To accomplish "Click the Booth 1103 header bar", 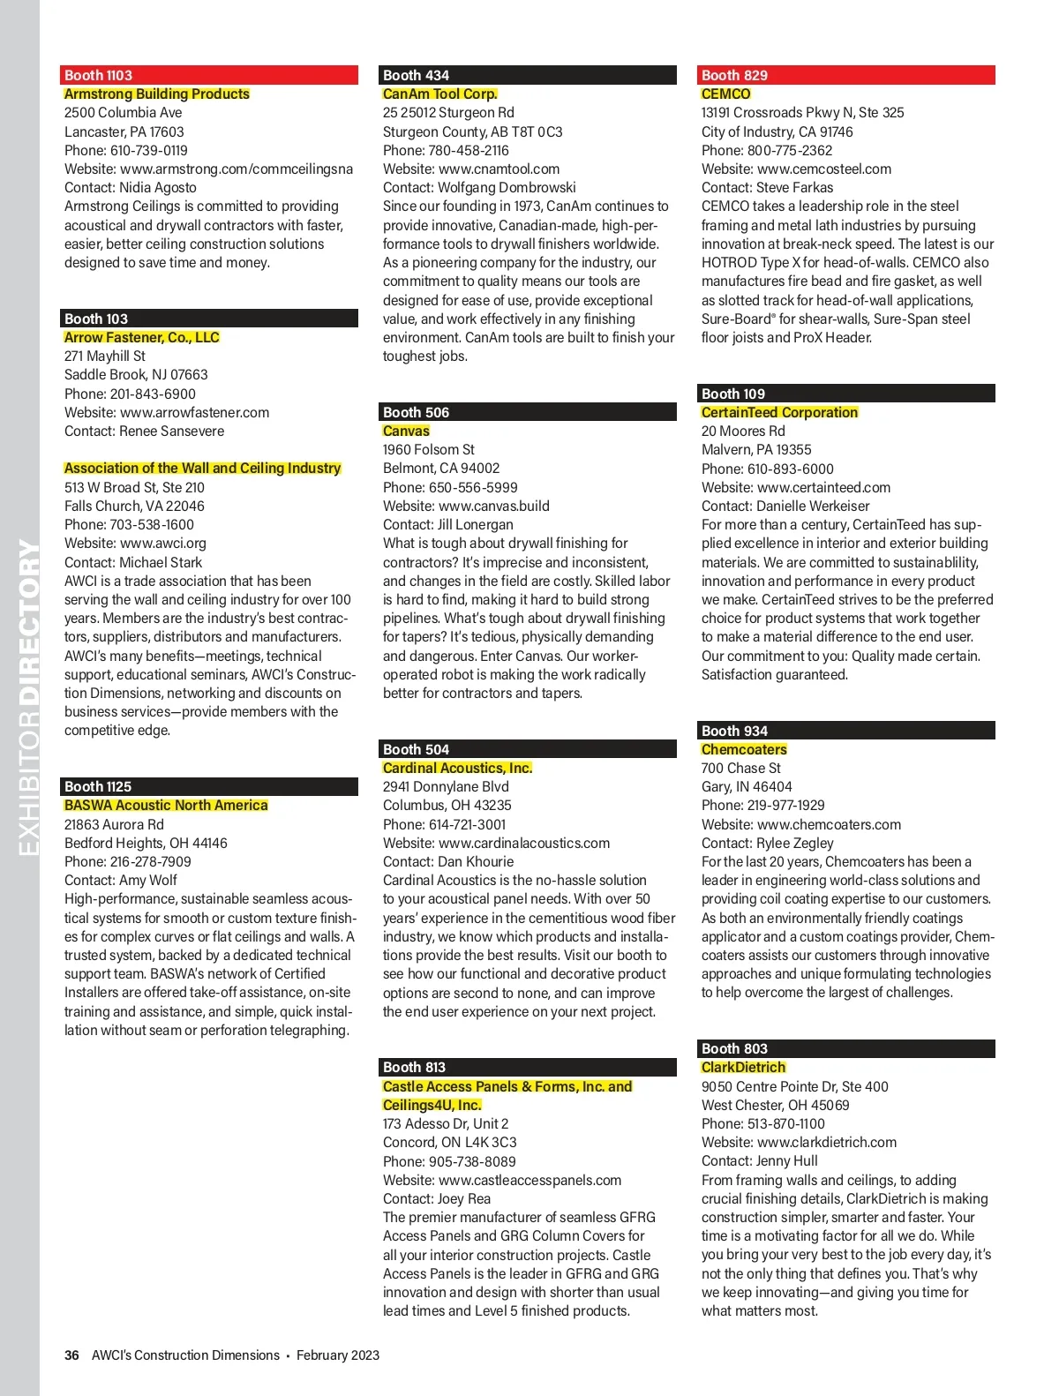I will pos(210,75).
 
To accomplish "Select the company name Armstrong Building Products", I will pos(157,94).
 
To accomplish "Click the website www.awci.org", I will pos(163,544).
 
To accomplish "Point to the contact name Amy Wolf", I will pos(148,880).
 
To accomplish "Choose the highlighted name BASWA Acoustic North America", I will pos(166,805).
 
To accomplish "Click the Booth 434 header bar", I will pos(529,75).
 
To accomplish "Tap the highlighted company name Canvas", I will pos(406,431).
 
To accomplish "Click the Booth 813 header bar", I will pos(529,1067).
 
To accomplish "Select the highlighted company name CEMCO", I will pos(725,94).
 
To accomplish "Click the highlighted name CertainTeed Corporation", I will pos(779,412).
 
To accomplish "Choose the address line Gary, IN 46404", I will pos(747,786).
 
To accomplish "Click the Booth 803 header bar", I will pos(847,1048).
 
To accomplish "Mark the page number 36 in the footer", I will pos(71,1355).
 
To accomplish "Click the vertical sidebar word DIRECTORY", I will pos(29,622).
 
